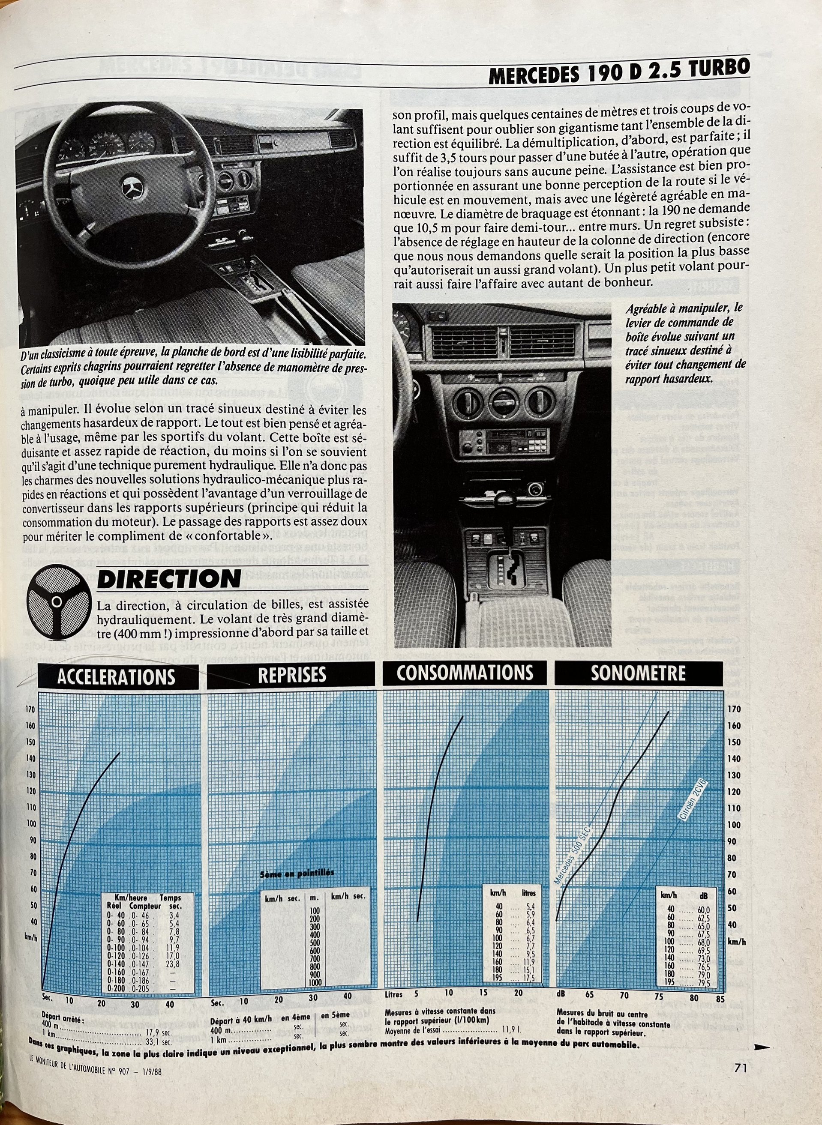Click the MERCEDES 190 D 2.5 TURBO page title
(618, 73)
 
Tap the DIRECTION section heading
(168, 579)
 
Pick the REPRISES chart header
(291, 675)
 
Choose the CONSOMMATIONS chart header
(464, 673)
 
